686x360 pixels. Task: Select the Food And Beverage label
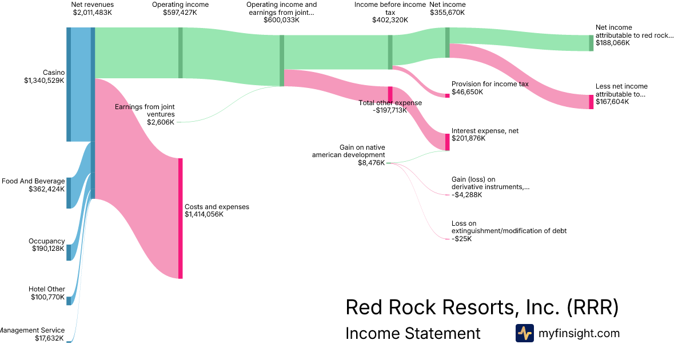[x=33, y=181]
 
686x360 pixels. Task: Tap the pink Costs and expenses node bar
[x=181, y=218]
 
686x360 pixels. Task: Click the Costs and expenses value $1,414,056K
[x=204, y=214]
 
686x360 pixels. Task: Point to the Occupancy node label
[x=47, y=241]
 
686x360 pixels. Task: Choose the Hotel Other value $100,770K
[x=47, y=297]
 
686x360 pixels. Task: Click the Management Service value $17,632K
[x=50, y=338]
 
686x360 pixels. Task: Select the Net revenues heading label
[x=93, y=5]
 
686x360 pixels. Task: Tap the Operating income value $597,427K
[x=180, y=12]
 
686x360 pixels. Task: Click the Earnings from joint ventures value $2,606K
[x=161, y=122]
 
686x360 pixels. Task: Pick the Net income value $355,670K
[x=447, y=12]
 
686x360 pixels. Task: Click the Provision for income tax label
[x=490, y=84]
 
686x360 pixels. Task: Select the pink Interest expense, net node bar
[x=448, y=142]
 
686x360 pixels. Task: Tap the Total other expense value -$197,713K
[x=390, y=110]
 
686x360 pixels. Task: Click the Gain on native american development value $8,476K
[x=370, y=162]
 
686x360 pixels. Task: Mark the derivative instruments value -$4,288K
[x=467, y=194]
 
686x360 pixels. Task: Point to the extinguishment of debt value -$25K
[x=462, y=239]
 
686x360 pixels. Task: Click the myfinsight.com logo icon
[x=525, y=333]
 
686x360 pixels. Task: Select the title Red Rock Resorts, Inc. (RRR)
[x=482, y=307]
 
